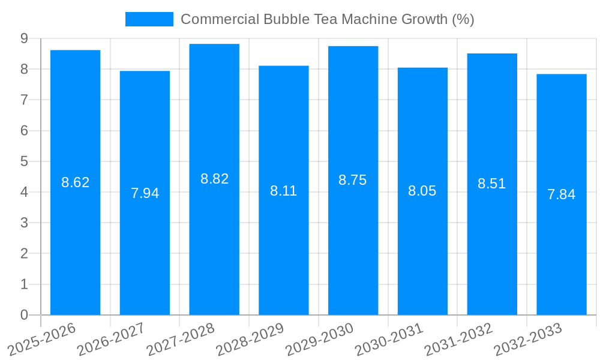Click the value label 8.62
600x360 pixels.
76,182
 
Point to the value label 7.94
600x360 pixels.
145,193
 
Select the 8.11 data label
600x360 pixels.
284,191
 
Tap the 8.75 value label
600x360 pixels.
353,180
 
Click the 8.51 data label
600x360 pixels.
492,184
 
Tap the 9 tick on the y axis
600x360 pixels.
24,38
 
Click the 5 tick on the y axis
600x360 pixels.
24,161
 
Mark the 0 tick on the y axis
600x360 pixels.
24,315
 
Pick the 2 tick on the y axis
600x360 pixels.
24,254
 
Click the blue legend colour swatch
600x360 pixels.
149,19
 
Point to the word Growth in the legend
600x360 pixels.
424,19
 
